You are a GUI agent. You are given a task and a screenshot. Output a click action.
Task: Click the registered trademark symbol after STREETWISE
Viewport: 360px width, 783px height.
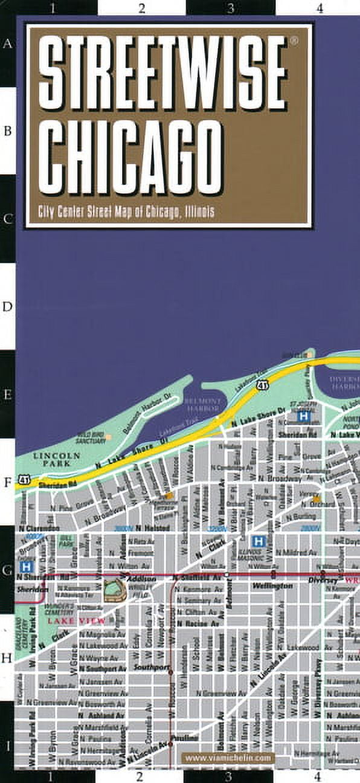pyautogui.click(x=294, y=41)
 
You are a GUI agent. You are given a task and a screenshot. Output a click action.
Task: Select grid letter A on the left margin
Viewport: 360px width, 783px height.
pyautogui.click(x=8, y=44)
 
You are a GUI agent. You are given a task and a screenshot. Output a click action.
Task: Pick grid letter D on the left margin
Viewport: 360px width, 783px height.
pyautogui.click(x=8, y=307)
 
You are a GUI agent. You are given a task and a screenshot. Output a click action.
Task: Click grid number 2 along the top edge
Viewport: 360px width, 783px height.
pyautogui.click(x=141, y=8)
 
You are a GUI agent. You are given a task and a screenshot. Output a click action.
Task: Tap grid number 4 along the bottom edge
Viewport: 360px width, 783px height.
pyautogui.click(x=318, y=776)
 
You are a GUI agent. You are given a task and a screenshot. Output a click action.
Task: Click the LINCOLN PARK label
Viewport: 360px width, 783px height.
pyautogui.click(x=56, y=459)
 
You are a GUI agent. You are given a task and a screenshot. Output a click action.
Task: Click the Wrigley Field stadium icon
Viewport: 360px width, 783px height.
pyautogui.click(x=114, y=589)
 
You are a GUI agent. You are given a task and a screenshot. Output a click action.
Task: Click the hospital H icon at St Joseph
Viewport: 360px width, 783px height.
pyautogui.click(x=306, y=416)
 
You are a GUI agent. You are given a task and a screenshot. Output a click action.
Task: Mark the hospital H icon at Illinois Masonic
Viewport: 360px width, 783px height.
pyautogui.click(x=259, y=541)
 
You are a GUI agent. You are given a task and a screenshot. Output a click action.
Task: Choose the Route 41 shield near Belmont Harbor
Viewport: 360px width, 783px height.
pyautogui.click(x=262, y=385)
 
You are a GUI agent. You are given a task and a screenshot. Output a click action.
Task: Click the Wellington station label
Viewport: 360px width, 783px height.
pyautogui.click(x=272, y=585)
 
